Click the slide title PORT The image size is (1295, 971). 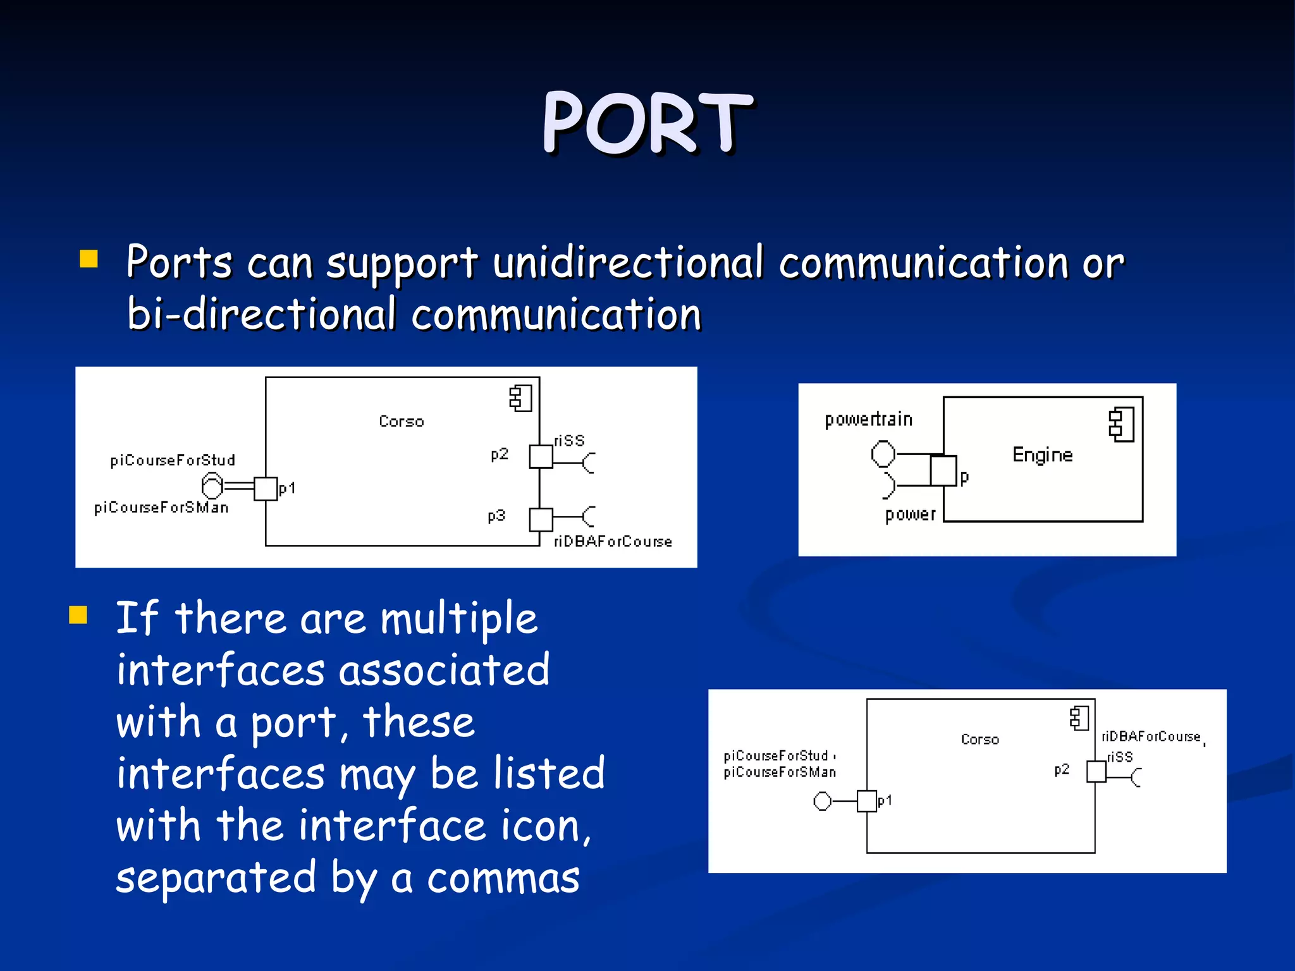tap(647, 123)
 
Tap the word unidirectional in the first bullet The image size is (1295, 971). tap(628, 262)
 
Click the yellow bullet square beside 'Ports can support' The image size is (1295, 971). tap(89, 259)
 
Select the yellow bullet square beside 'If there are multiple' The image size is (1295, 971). tap(78, 614)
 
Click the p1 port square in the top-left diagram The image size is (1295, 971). tap(266, 489)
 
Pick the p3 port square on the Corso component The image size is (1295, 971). tap(541, 520)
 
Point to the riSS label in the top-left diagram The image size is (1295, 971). tap(569, 441)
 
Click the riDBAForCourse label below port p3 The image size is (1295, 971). tap(612, 542)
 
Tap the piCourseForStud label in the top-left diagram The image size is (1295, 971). tap(173, 460)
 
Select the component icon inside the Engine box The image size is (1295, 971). tap(1122, 425)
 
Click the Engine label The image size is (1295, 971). tap(1042, 455)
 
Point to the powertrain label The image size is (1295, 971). tap(868, 420)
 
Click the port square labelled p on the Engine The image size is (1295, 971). tap(943, 470)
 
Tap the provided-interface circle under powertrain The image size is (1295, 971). tap(883, 453)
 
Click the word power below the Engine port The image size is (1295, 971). tap(910, 515)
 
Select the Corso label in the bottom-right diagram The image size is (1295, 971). tap(979, 740)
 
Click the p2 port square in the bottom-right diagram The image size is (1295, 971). tap(1096, 772)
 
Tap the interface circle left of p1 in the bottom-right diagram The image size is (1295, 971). tap(823, 802)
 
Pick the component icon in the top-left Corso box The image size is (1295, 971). tap(521, 398)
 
